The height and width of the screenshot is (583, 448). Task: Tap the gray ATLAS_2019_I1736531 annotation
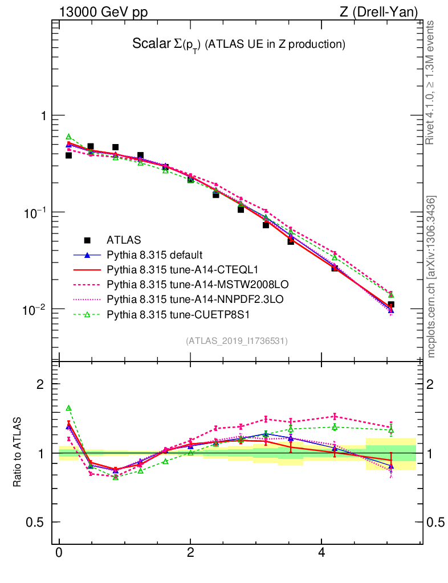[237, 341]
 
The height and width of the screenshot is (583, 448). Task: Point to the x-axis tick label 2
[190, 553]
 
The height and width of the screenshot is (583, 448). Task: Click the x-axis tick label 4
[321, 553]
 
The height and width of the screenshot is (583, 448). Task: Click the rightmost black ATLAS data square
[391, 305]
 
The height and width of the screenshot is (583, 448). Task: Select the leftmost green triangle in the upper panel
[68, 137]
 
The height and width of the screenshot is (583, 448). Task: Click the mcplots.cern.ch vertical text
[431, 277]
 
